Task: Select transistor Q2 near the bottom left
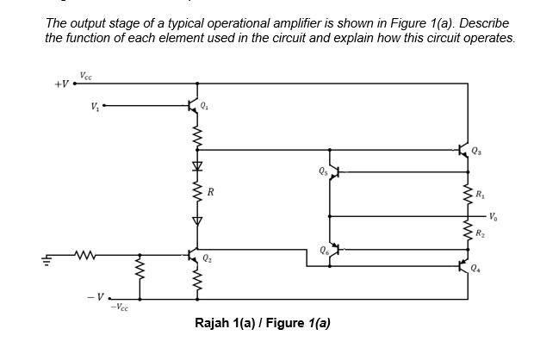click(x=194, y=257)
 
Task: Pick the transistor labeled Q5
click(x=332, y=172)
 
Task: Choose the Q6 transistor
click(x=332, y=250)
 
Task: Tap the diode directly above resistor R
click(x=197, y=164)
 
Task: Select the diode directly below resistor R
click(x=197, y=220)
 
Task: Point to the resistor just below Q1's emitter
click(x=197, y=135)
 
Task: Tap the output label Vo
click(x=492, y=215)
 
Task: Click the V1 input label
click(x=94, y=107)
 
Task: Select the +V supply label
click(x=61, y=84)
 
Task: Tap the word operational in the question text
click(x=272, y=22)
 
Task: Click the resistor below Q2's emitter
click(x=197, y=282)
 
